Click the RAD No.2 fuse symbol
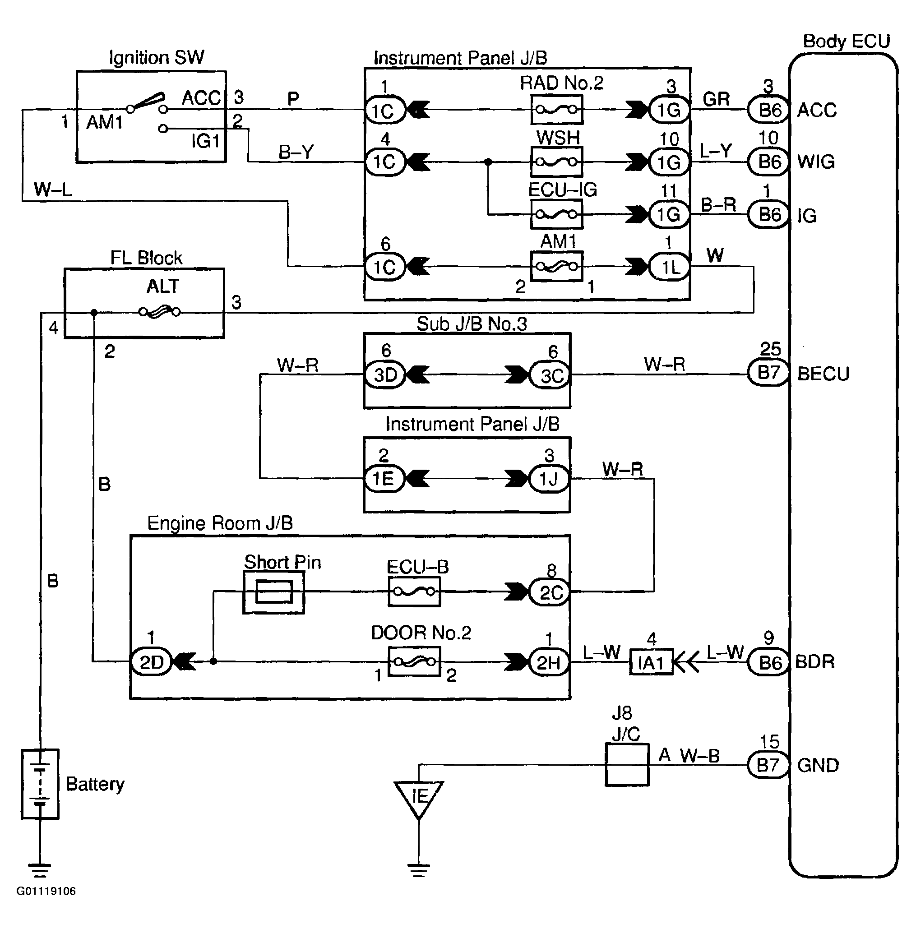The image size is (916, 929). (x=556, y=110)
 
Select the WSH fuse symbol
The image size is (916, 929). (x=556, y=162)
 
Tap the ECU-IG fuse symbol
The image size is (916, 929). (x=556, y=214)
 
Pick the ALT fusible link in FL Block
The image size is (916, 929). (x=160, y=312)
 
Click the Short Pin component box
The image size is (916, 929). (x=273, y=592)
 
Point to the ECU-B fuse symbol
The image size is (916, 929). (x=414, y=592)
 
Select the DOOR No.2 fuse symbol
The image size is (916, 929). (x=414, y=661)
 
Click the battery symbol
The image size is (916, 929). (x=40, y=784)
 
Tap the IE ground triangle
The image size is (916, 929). (x=419, y=798)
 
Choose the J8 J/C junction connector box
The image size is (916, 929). (x=626, y=765)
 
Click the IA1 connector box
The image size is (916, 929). (x=651, y=663)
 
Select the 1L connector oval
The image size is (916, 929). (x=669, y=267)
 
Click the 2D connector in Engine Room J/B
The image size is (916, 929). (x=151, y=662)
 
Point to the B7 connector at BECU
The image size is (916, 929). (x=768, y=372)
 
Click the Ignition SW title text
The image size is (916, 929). (x=156, y=58)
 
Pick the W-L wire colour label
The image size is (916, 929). (x=53, y=189)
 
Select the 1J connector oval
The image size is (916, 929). (x=549, y=478)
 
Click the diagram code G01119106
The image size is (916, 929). (x=46, y=891)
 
